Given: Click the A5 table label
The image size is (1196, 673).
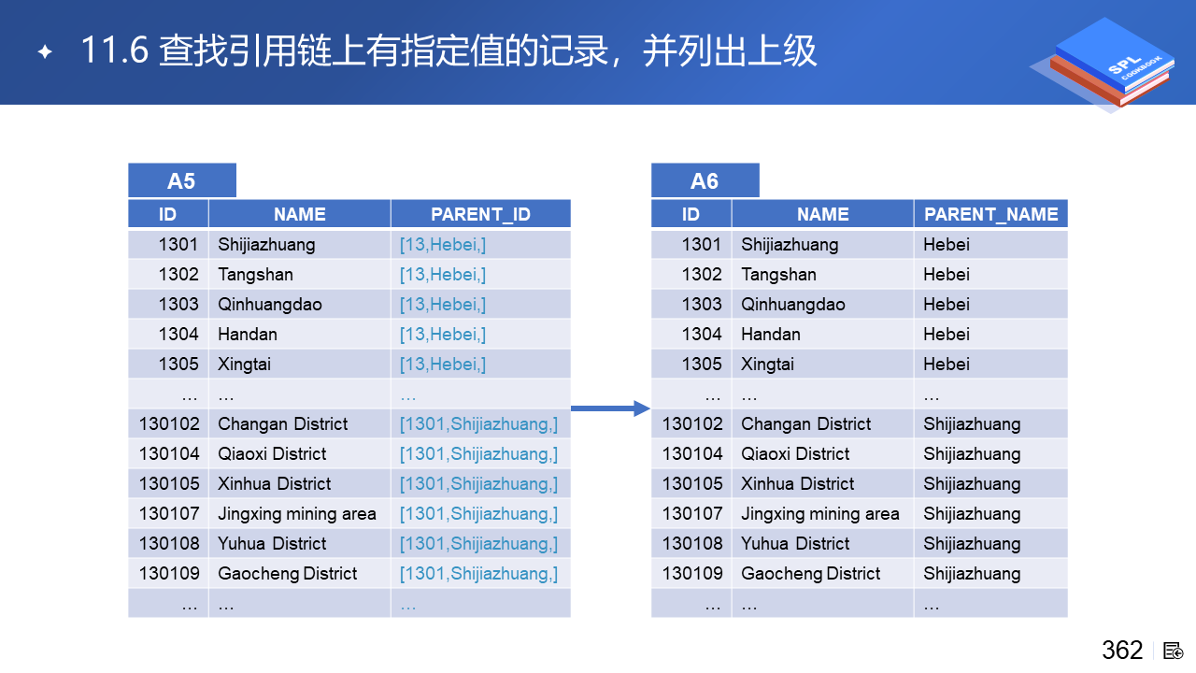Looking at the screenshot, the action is point(181,181).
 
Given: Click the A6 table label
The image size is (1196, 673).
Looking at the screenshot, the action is point(705,181).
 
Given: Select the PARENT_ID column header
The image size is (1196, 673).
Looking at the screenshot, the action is point(480,214).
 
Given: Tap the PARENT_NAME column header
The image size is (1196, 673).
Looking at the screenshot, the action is point(991,214).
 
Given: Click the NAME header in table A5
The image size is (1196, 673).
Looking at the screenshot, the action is point(300,214).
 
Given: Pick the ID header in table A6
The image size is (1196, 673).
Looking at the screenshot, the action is point(691,214).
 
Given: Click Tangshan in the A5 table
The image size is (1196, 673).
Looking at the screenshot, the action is point(255,275).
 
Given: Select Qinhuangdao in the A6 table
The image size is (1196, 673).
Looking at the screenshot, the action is point(793,305).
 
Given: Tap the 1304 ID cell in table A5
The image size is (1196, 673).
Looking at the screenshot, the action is point(178,335).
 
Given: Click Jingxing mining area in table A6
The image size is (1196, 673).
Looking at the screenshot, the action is point(820,514).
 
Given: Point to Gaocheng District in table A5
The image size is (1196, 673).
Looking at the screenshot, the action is point(287,574).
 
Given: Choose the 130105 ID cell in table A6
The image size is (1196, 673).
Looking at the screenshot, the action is point(692,484).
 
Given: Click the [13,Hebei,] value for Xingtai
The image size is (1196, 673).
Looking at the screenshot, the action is point(443,365).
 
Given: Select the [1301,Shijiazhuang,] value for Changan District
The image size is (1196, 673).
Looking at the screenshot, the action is point(478,424).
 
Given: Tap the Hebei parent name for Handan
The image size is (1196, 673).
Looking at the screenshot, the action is point(947,335).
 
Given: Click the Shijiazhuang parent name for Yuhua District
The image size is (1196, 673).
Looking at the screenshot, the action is point(972,544).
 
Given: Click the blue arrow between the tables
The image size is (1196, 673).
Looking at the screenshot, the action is point(611,408).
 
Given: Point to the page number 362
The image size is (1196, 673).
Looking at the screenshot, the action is point(1122,650).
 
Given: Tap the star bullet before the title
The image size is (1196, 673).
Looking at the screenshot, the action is point(45,51).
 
